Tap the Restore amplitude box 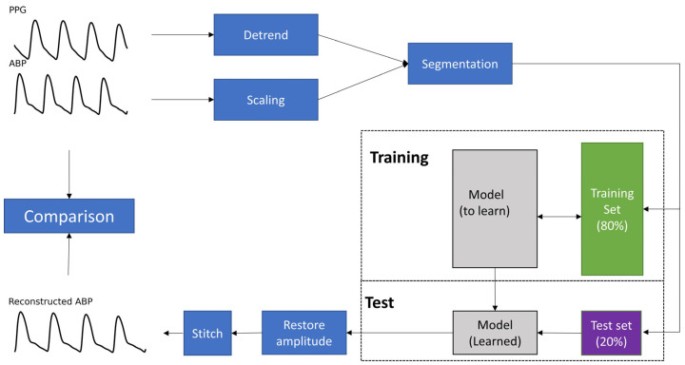click(x=302, y=333)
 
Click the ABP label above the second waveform click(x=18, y=65)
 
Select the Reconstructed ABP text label click(x=52, y=301)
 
